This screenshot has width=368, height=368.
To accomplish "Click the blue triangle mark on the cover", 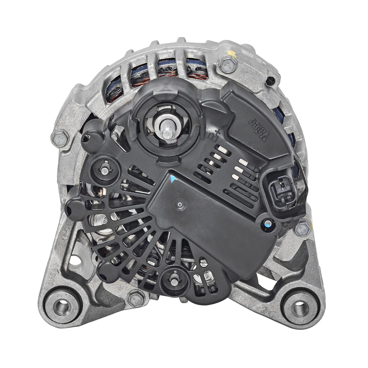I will (x=173, y=179).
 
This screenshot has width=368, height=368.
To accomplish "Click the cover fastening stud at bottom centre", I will (x=174, y=279).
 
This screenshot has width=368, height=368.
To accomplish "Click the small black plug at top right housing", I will (x=270, y=81).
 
